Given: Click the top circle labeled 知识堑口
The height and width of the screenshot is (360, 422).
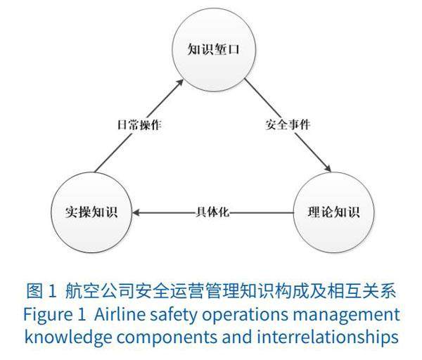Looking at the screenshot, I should [x=210, y=49].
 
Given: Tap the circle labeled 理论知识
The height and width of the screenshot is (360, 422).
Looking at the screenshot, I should [x=333, y=211].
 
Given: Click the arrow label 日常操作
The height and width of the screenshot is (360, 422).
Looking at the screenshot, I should [x=139, y=125].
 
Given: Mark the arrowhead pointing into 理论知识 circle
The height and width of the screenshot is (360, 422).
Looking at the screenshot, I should [x=326, y=168].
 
